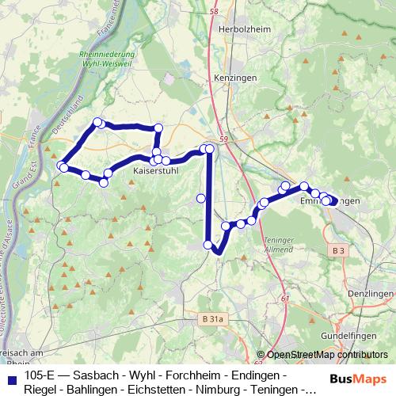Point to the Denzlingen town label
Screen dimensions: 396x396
[370, 293]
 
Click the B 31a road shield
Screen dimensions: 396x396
[211, 318]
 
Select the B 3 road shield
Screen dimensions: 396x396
[338, 250]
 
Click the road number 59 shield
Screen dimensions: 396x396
[224, 140]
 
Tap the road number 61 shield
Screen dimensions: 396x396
[284, 298]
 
